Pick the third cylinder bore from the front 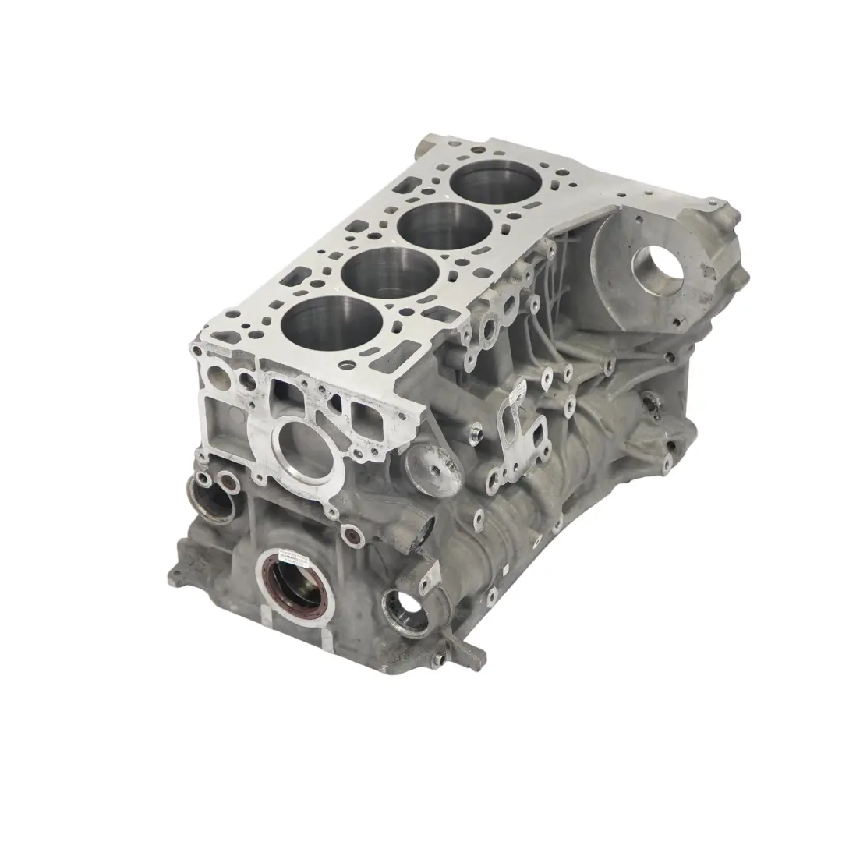pos(434,225)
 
